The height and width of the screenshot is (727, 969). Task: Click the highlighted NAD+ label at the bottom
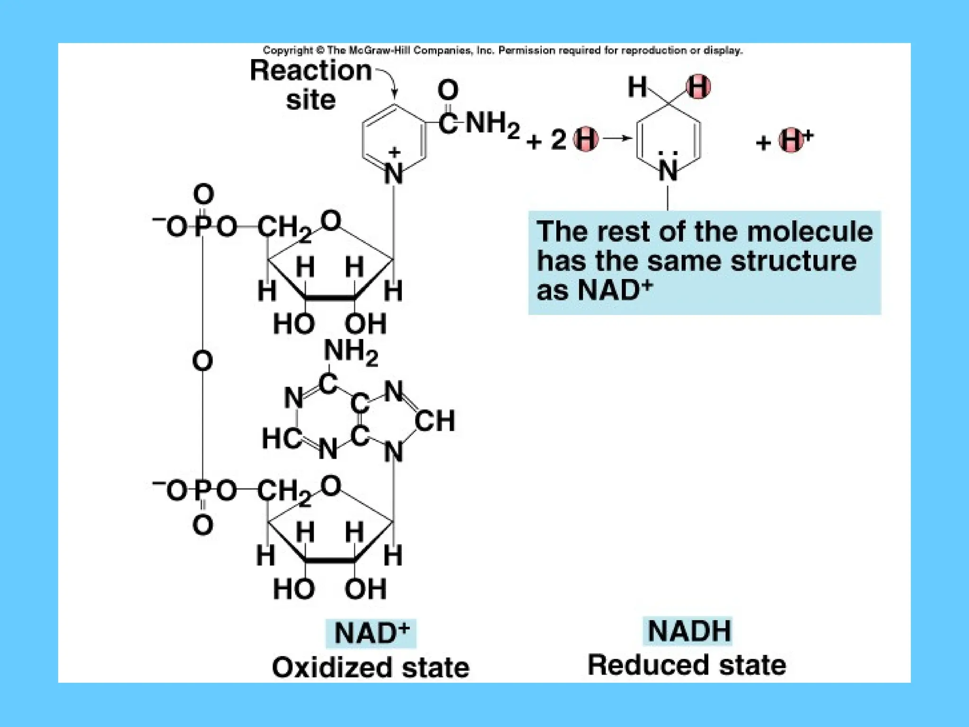[x=371, y=633]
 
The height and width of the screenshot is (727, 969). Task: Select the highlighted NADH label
[x=688, y=631]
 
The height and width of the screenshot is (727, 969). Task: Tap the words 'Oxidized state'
[x=370, y=667]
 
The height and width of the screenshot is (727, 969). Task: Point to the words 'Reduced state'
[x=687, y=665]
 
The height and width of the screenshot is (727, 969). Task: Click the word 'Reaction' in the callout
[x=310, y=71]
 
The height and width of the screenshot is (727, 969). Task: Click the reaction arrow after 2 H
[x=618, y=138]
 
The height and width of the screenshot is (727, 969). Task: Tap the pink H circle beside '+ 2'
[x=586, y=140]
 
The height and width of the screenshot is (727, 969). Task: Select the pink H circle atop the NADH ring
[x=698, y=87]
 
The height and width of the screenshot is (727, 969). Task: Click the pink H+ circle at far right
[x=791, y=140]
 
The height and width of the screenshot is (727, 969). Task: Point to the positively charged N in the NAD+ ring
[x=394, y=173]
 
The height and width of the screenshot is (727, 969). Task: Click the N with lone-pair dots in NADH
[x=668, y=170]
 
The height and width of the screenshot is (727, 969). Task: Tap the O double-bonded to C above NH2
[x=448, y=90]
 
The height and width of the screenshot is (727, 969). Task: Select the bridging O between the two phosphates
[x=203, y=361]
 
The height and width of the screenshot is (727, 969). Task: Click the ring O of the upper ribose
[x=331, y=221]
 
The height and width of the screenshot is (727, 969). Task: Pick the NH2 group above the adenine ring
[x=351, y=353]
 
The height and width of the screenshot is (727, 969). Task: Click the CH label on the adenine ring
[x=435, y=420]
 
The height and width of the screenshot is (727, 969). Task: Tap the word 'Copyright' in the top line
[x=288, y=50]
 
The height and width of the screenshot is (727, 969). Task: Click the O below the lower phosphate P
[x=203, y=525]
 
